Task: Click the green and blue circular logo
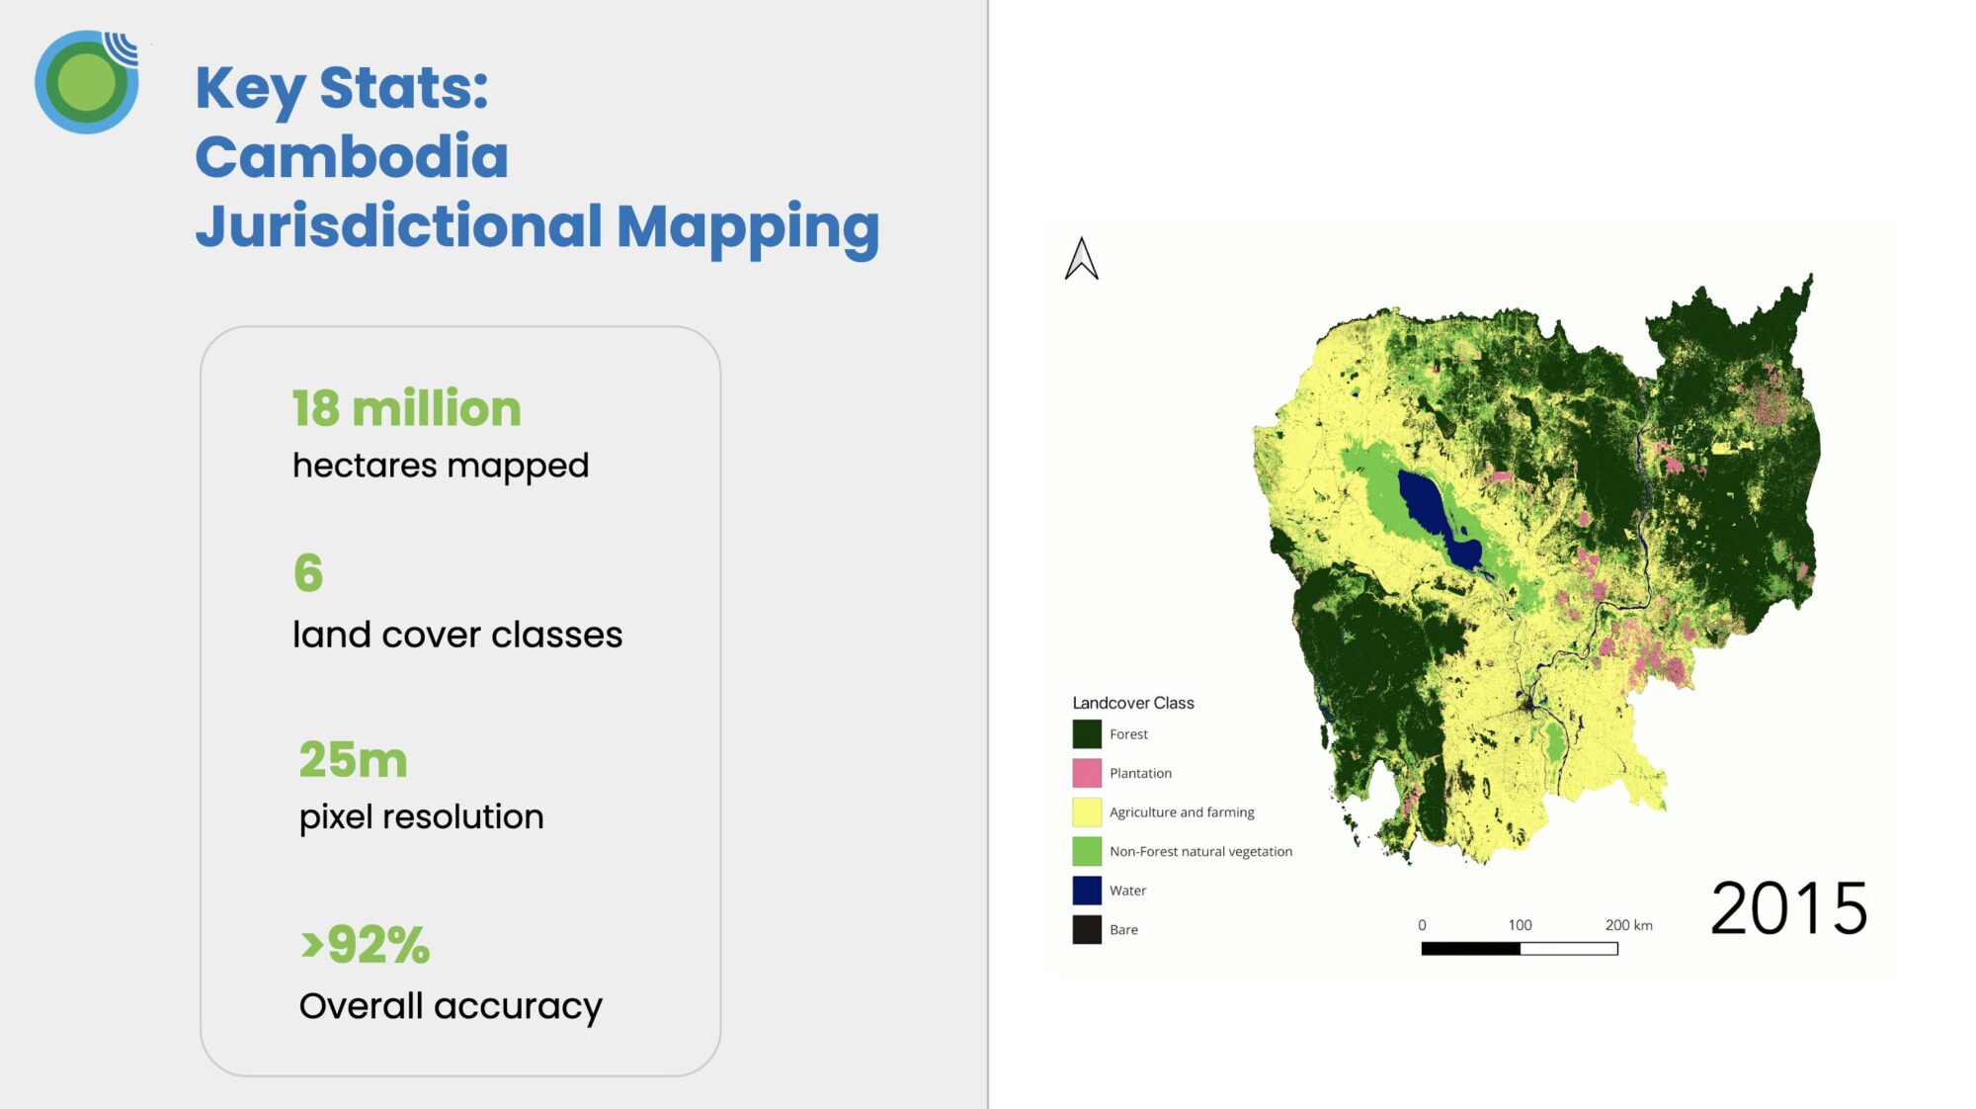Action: [x=87, y=82]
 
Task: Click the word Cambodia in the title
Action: [x=352, y=156]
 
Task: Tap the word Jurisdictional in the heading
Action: [x=399, y=226]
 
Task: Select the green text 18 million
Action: [x=406, y=408]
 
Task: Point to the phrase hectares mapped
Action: [x=441, y=466]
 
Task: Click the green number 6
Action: [x=308, y=572]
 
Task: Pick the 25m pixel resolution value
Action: [x=353, y=759]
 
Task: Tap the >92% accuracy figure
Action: [x=366, y=944]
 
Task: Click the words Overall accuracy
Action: [x=451, y=1006]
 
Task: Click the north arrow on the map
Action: [x=1082, y=259]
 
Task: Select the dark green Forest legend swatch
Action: [x=1087, y=734]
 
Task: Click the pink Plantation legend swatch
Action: [x=1087, y=773]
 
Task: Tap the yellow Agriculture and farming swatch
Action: [x=1087, y=812]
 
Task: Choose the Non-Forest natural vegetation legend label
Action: [x=1200, y=851]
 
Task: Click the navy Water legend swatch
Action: [x=1087, y=891]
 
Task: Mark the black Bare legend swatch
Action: [x=1087, y=929]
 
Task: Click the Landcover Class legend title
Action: [x=1133, y=703]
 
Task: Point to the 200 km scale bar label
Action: [x=1628, y=925]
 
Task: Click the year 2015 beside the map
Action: [x=1788, y=908]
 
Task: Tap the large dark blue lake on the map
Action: [x=1438, y=517]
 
